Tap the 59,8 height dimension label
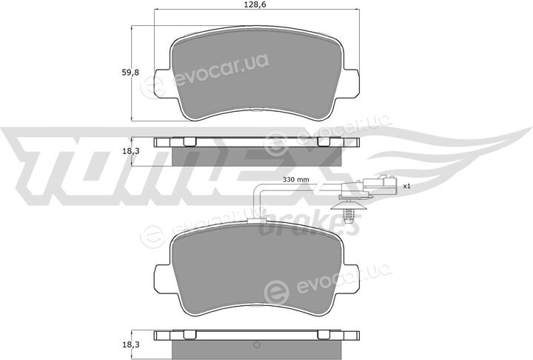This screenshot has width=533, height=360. pyautogui.click(x=130, y=72)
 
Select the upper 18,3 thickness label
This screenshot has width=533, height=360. pyautogui.click(x=130, y=151)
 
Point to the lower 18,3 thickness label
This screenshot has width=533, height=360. pyautogui.click(x=130, y=344)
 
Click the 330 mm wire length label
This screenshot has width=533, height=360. pyautogui.click(x=296, y=179)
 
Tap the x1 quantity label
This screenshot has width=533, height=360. pyautogui.click(x=407, y=186)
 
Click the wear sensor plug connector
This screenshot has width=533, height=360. pyautogui.click(x=368, y=187)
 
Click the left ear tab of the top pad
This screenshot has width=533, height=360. pyautogui.click(x=162, y=82)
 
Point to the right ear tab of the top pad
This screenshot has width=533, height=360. pyautogui.click(x=351, y=82)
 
